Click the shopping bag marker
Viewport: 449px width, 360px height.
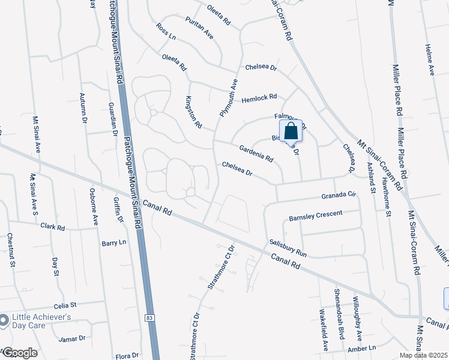(291, 131)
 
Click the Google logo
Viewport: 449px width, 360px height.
(19, 353)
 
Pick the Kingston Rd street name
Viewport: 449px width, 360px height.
(194, 111)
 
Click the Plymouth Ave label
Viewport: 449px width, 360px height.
(229, 98)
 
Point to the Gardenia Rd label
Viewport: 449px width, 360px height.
(256, 154)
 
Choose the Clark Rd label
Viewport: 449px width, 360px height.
(53, 227)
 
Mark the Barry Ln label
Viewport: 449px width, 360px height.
(114, 242)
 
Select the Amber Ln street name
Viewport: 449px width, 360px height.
(361, 348)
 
